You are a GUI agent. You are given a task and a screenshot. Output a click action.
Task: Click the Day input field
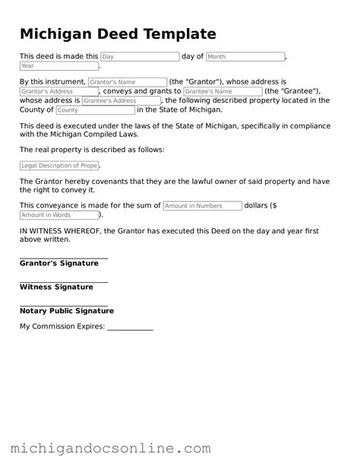tap(140, 56)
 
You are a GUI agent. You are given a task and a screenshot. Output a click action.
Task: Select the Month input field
tap(245, 56)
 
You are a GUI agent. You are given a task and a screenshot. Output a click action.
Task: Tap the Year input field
tap(58, 66)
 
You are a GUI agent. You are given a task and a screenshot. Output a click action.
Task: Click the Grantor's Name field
tap(127, 81)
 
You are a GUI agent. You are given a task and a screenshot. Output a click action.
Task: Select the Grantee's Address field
tap(122, 100)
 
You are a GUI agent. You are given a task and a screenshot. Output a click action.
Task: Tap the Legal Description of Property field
tap(59, 166)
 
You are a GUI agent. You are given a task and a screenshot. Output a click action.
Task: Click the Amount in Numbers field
tap(202, 205)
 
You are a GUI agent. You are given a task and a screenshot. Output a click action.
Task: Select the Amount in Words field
tap(58, 215)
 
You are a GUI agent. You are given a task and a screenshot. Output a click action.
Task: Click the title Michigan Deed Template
tap(118, 34)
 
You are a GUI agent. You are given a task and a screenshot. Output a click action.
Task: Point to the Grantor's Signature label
tap(59, 263)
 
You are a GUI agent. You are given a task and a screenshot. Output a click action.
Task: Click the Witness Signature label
tap(56, 287)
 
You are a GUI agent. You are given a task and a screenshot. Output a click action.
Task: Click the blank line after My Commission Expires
tap(130, 328)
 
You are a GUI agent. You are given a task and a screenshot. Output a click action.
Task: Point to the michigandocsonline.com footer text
tap(110, 449)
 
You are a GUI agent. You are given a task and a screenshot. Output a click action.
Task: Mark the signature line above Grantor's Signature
tap(64, 258)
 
